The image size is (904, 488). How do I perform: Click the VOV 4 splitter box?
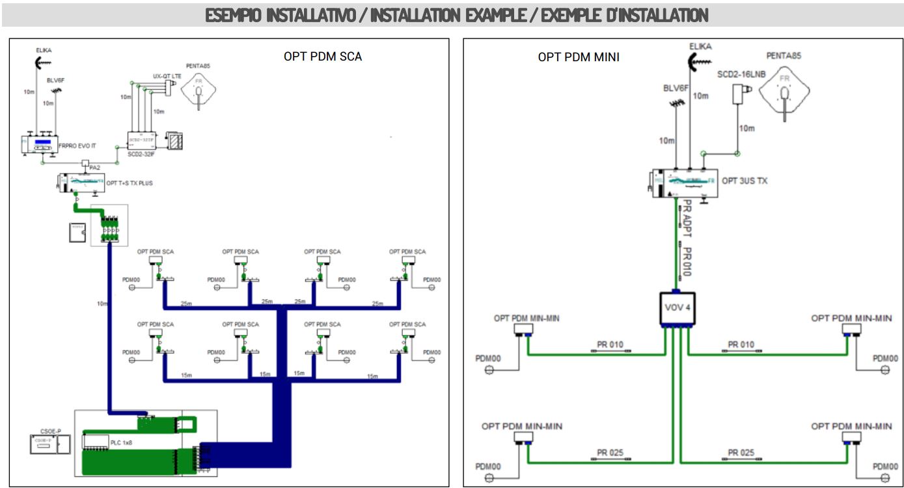click(x=676, y=307)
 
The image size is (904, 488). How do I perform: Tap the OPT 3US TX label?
click(x=745, y=180)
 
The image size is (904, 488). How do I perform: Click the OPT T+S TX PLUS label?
click(x=130, y=184)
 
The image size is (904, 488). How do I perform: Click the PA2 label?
click(x=94, y=168)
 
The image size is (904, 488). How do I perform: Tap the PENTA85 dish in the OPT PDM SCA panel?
click(x=199, y=87)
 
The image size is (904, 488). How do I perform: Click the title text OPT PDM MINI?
click(x=578, y=57)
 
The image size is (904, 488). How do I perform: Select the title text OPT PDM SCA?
click(x=323, y=57)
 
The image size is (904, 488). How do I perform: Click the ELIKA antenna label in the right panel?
click(x=700, y=46)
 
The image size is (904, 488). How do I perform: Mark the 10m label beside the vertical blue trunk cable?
click(x=102, y=304)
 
